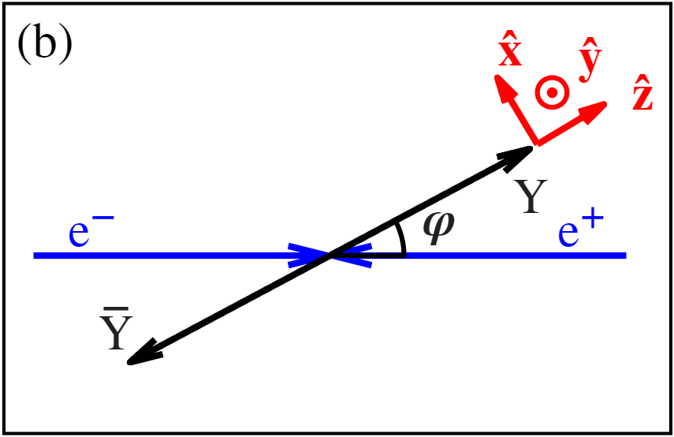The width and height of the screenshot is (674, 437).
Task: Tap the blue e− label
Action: pos(90,235)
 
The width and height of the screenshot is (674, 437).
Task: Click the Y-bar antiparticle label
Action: pos(116,332)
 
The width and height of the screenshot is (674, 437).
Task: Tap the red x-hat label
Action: pos(510,53)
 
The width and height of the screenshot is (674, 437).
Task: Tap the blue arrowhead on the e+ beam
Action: pos(352,256)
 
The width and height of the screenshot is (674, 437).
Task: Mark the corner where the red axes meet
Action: pos(535,144)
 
